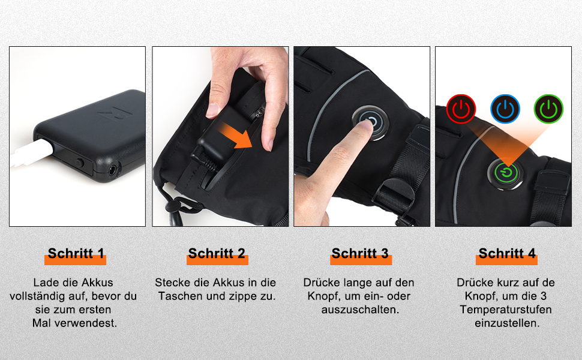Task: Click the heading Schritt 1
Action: pos(76,253)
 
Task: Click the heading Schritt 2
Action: pos(217,253)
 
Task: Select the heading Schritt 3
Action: pos(360,253)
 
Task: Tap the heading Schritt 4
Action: pos(507,253)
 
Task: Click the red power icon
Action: pos(460,109)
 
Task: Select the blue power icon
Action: pos(505,109)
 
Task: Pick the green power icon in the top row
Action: pos(548,109)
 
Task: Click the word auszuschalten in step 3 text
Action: pos(360,310)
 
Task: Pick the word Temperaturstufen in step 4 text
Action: pos(506,310)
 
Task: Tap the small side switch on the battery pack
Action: pos(80,162)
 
